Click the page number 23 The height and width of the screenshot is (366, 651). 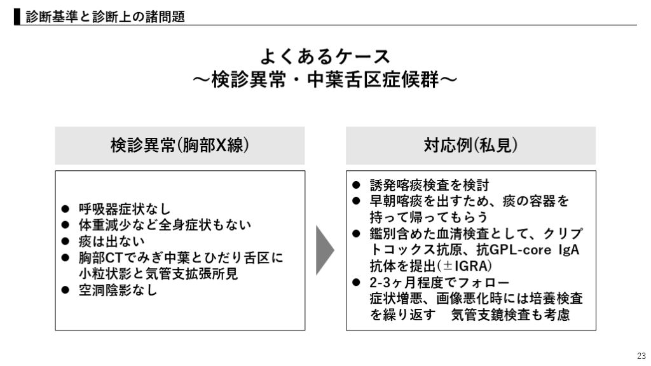tap(640, 355)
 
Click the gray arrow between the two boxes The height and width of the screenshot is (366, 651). tap(324, 250)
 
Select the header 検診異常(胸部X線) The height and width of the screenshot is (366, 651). tap(180, 146)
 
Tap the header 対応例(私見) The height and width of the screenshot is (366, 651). tap(470, 146)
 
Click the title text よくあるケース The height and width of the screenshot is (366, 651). tap(325, 57)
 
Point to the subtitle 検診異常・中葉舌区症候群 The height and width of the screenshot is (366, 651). tap(325, 80)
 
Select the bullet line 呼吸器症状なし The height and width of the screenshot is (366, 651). tap(125, 209)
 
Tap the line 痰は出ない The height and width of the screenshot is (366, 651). tap(111, 242)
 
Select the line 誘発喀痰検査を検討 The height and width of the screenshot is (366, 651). tap(429, 185)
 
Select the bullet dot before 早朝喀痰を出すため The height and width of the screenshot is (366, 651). tap(357, 201)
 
